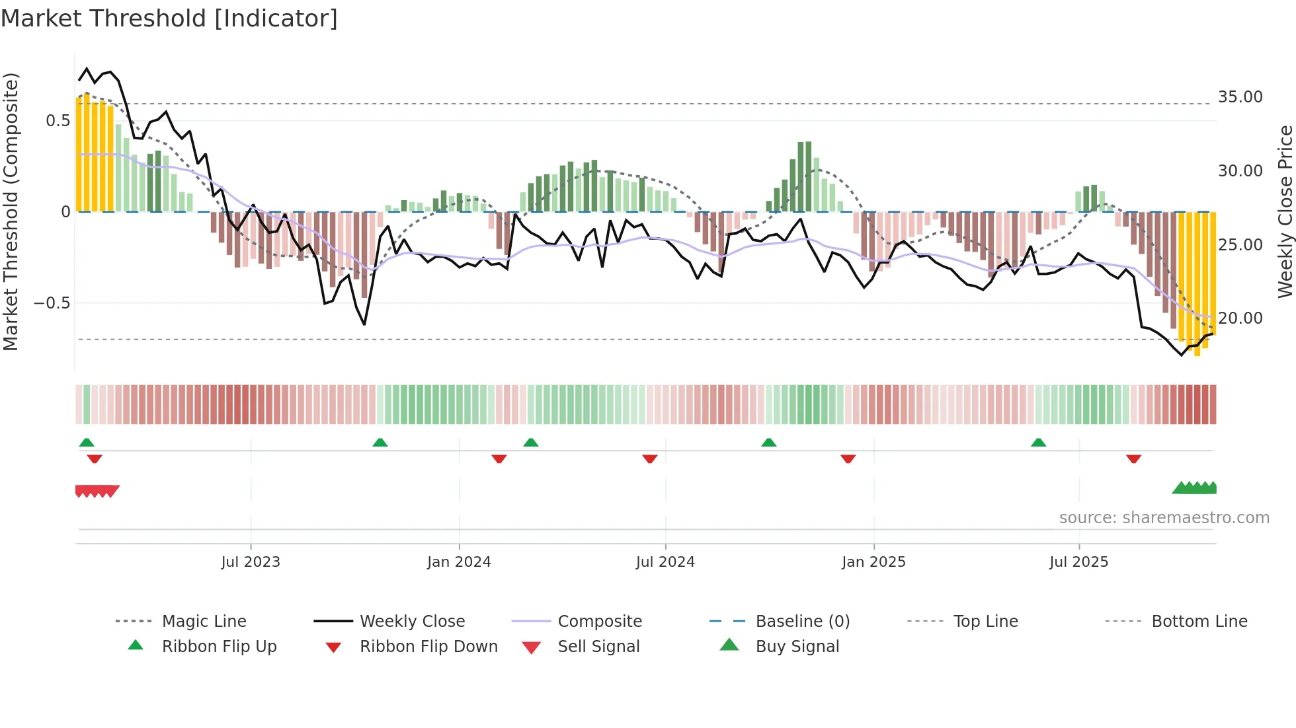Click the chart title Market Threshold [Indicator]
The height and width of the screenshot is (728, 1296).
[169, 18]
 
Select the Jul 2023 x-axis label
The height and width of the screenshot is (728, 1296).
[251, 562]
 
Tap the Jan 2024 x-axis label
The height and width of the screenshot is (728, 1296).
[459, 562]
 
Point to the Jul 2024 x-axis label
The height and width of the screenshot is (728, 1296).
[665, 562]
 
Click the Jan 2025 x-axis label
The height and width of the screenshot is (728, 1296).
[873, 562]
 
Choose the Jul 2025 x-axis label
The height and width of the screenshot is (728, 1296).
[1078, 562]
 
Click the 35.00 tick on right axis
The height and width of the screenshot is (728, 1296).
[1240, 97]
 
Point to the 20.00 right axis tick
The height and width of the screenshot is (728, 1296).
[1240, 318]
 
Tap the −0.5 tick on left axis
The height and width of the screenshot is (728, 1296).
[52, 303]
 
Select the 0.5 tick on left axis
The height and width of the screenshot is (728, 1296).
[58, 121]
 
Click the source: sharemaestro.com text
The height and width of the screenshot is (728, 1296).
[1164, 518]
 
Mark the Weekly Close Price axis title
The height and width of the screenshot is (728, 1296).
[1285, 211]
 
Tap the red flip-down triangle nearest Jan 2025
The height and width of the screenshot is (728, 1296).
[848, 458]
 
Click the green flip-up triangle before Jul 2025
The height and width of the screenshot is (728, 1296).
[1038, 443]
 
